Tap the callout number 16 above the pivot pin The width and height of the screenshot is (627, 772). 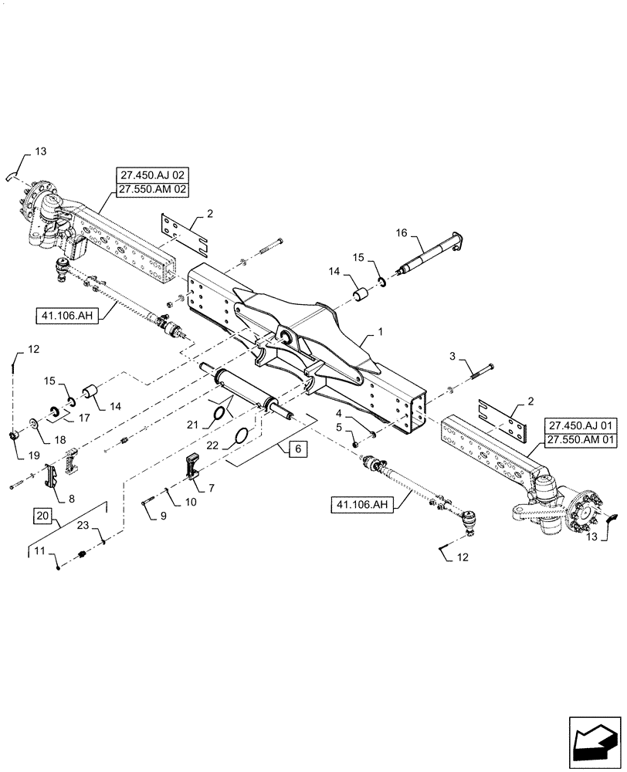coord(402,231)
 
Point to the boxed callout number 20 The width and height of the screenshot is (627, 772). coord(44,516)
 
